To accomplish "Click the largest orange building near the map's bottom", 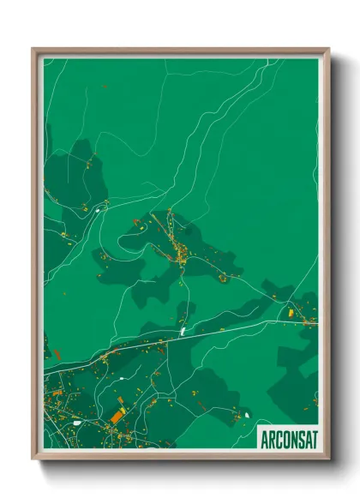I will click(117, 416).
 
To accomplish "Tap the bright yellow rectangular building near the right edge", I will click(291, 314).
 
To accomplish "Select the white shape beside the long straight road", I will click(183, 328).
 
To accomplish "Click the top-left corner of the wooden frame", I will click(33, 50).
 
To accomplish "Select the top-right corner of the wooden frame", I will click(327, 50).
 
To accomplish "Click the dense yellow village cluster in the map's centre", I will click(182, 251).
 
